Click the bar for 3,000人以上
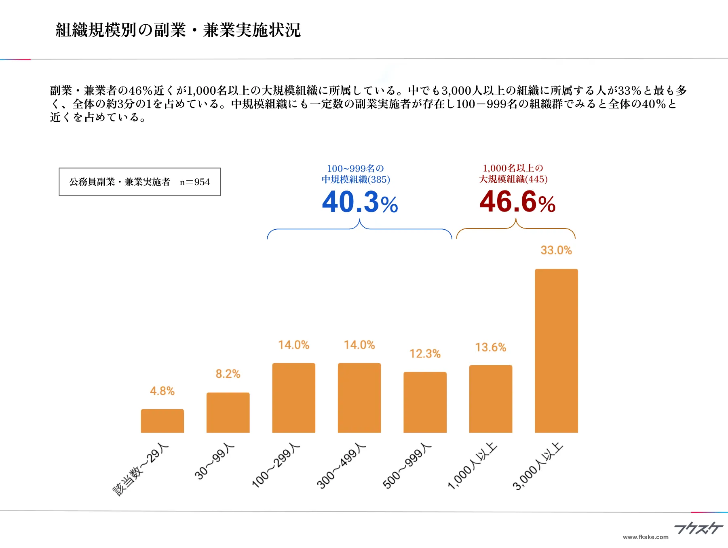[556, 351]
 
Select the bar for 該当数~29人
[162, 421]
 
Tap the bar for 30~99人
[228, 413]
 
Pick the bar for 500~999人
[425, 402]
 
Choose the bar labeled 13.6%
[490, 399]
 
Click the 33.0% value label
[556, 250]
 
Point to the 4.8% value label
[162, 391]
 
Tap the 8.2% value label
[228, 374]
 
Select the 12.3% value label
[425, 354]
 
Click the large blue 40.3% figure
[360, 202]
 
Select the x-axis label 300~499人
[342, 466]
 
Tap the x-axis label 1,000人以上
[473, 466]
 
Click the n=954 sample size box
[139, 182]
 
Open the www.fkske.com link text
[646, 537]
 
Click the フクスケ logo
[698, 528]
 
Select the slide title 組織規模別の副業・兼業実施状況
[178, 30]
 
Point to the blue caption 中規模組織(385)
[356, 180]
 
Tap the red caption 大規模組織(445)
[513, 179]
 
